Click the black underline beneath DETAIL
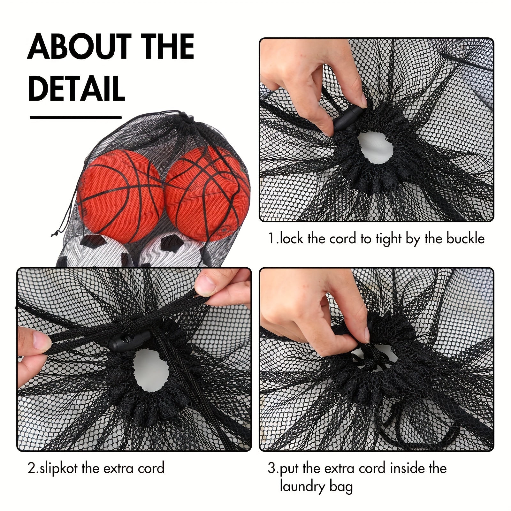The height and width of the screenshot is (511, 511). [76, 117]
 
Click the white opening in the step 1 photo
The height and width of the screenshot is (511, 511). [376, 147]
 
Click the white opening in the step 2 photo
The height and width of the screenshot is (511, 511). [151, 370]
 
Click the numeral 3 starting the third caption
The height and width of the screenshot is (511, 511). [271, 469]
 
